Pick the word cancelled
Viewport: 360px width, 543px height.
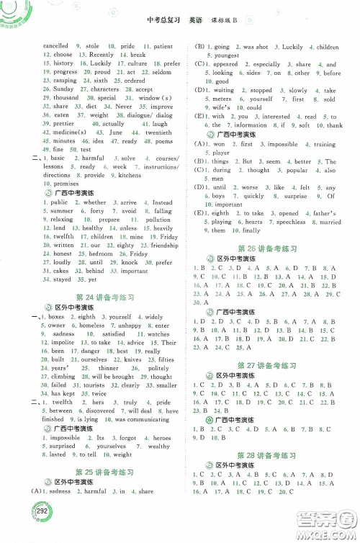(56, 46)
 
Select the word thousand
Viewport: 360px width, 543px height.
(66, 98)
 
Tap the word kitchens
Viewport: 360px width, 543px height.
(130, 175)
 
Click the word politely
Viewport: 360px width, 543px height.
(158, 368)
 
